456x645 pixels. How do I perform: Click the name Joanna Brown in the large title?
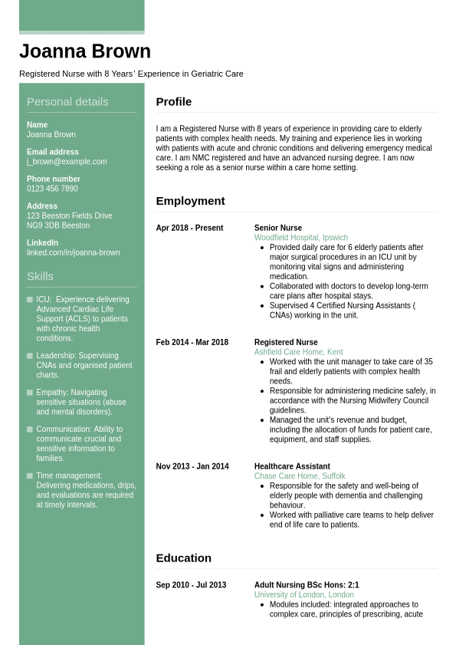tap(85, 51)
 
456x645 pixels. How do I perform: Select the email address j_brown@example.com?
tap(67, 162)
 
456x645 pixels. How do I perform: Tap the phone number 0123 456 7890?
tap(52, 189)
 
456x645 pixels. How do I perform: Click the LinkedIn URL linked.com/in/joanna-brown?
tap(74, 252)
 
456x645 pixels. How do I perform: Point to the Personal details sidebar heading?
tap(67, 102)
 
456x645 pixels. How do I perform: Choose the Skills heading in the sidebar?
tap(40, 276)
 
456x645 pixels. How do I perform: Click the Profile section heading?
tap(174, 102)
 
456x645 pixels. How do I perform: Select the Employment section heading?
tap(190, 201)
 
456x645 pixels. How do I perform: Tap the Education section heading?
tap(184, 558)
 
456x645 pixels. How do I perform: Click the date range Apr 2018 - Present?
tap(189, 228)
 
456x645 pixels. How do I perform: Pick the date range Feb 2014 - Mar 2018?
tap(192, 342)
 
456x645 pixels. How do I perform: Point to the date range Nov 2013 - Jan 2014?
tap(192, 466)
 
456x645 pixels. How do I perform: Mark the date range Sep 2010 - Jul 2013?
tap(191, 585)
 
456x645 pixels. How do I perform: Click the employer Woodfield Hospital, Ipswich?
tap(301, 238)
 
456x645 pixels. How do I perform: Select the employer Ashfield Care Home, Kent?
tap(299, 352)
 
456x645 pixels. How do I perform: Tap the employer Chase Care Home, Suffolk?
tap(300, 476)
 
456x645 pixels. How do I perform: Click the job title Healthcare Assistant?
tap(292, 466)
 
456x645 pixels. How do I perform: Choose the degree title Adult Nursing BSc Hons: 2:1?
tap(307, 585)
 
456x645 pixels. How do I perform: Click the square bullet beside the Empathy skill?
tap(30, 393)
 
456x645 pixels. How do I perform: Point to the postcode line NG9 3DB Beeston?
tap(58, 225)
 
